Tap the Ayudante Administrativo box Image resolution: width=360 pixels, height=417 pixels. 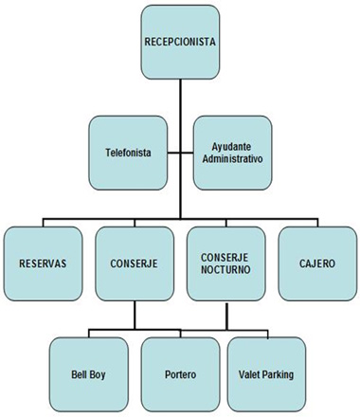coord(231,152)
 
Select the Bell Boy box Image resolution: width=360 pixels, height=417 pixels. coord(87,372)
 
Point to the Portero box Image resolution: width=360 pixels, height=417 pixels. coord(179,372)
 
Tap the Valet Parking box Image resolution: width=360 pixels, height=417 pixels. coord(267,372)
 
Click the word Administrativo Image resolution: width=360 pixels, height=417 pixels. coord(231,158)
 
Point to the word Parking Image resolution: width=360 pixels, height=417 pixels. coord(279,374)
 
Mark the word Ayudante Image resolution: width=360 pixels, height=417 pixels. coord(231,146)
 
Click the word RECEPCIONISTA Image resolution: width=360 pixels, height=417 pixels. coord(179,43)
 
